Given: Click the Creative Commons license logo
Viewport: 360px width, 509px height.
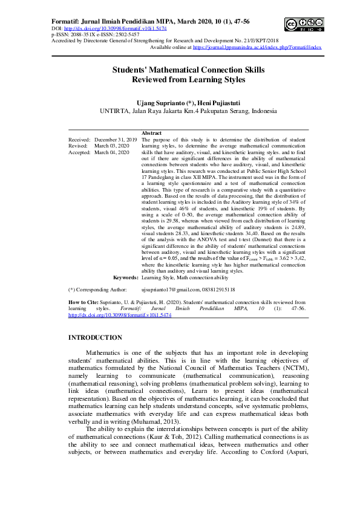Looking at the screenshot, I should pyautogui.click(x=303, y=24).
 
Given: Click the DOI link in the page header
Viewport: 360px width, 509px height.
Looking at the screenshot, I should pyautogui.click(x=115, y=28).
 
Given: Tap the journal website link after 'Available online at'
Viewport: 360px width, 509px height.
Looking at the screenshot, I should pyautogui.click(x=257, y=47).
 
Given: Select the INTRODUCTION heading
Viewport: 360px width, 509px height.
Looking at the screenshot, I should pyautogui.click(x=95, y=337).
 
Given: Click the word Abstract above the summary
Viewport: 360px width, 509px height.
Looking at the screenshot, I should pyautogui.click(x=151, y=133).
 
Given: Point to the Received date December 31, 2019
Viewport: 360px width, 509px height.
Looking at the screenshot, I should pyautogui.click(x=116, y=140).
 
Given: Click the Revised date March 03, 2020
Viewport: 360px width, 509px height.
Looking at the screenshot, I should pyautogui.click(x=112, y=146).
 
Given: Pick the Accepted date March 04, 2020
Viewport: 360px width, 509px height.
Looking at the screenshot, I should pyautogui.click(x=112, y=153).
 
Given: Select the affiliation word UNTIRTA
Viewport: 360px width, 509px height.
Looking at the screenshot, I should pyautogui.click(x=113, y=112).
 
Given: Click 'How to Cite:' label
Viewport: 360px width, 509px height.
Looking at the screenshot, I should pyautogui.click(x=84, y=300).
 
